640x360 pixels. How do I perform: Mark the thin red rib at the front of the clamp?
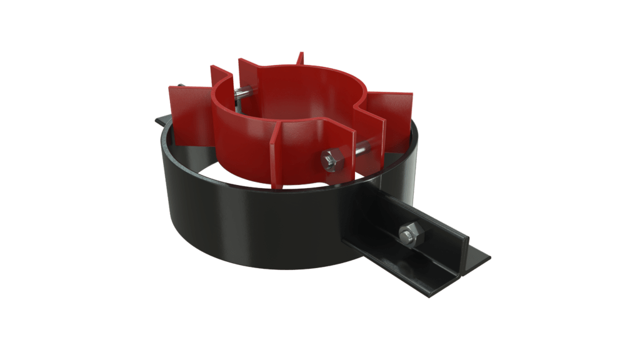tap(275, 156)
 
